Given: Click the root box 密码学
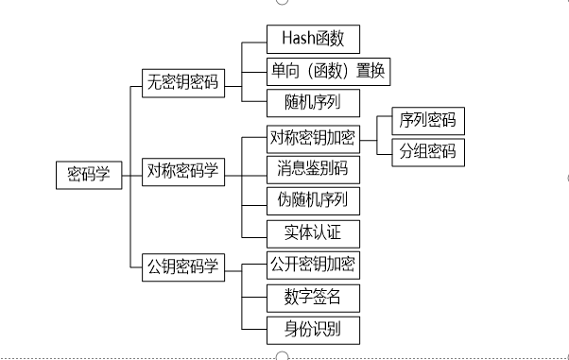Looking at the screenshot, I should pyautogui.click(x=89, y=174).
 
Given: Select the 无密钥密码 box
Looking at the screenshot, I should pyautogui.click(x=181, y=81).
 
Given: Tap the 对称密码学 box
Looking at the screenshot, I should pyautogui.click(x=183, y=171).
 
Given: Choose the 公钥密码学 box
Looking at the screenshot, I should pyautogui.click(x=182, y=266).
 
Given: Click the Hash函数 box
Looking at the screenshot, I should pyautogui.click(x=312, y=39).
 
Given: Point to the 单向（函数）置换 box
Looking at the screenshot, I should pyautogui.click(x=327, y=70).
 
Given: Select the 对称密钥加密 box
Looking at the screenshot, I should pyautogui.click(x=312, y=138).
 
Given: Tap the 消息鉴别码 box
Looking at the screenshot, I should pyautogui.click(x=312, y=169).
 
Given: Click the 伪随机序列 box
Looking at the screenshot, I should pyautogui.click(x=312, y=199).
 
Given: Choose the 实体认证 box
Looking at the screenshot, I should pyautogui.click(x=312, y=231).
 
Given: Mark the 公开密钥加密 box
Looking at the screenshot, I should pyautogui.click(x=312, y=264).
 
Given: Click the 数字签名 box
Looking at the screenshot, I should pyautogui.click(x=312, y=298).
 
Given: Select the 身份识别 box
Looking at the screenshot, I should pyautogui.click(x=312, y=329).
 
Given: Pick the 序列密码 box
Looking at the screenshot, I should pyautogui.click(x=426, y=120).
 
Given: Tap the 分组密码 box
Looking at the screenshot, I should pyautogui.click(x=426, y=151).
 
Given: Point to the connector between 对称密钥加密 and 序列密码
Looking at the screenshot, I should pyautogui.click(x=370, y=137).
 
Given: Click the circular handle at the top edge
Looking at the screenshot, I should pyautogui.click(x=282, y=2).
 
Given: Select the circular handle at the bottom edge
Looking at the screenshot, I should pyautogui.click(x=282, y=355).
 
